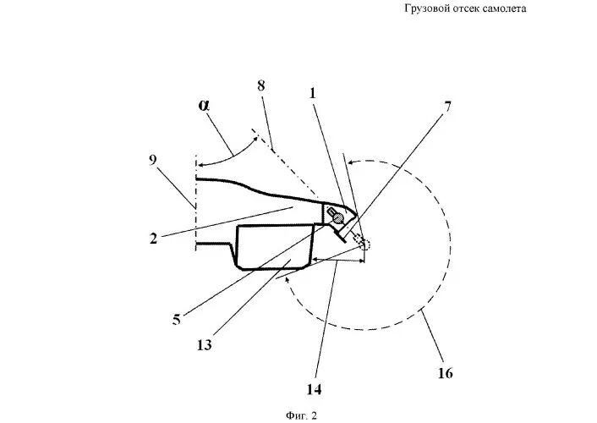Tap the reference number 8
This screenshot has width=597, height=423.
(260, 85)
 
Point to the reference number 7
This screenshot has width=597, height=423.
(448, 107)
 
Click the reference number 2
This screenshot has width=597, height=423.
(153, 239)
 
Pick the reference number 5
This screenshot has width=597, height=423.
(176, 319)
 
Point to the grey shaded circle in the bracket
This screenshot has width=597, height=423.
(337, 217)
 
